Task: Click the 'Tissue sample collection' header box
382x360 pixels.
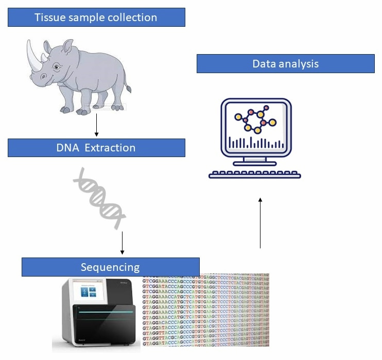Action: [96, 18]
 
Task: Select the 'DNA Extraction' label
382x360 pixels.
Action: [96, 148]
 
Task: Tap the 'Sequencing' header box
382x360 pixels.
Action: [110, 267]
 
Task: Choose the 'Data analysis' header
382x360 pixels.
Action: [285, 64]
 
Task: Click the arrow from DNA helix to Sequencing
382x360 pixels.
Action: [122, 243]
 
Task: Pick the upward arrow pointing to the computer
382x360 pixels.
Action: [261, 221]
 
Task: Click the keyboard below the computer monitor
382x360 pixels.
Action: [255, 174]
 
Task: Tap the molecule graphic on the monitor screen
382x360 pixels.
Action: [256, 119]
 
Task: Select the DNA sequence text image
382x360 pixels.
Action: [206, 310]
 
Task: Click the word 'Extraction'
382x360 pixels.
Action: [110, 148]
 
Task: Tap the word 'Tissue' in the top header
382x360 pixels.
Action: [50, 18]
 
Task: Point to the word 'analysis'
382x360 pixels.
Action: [300, 64]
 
